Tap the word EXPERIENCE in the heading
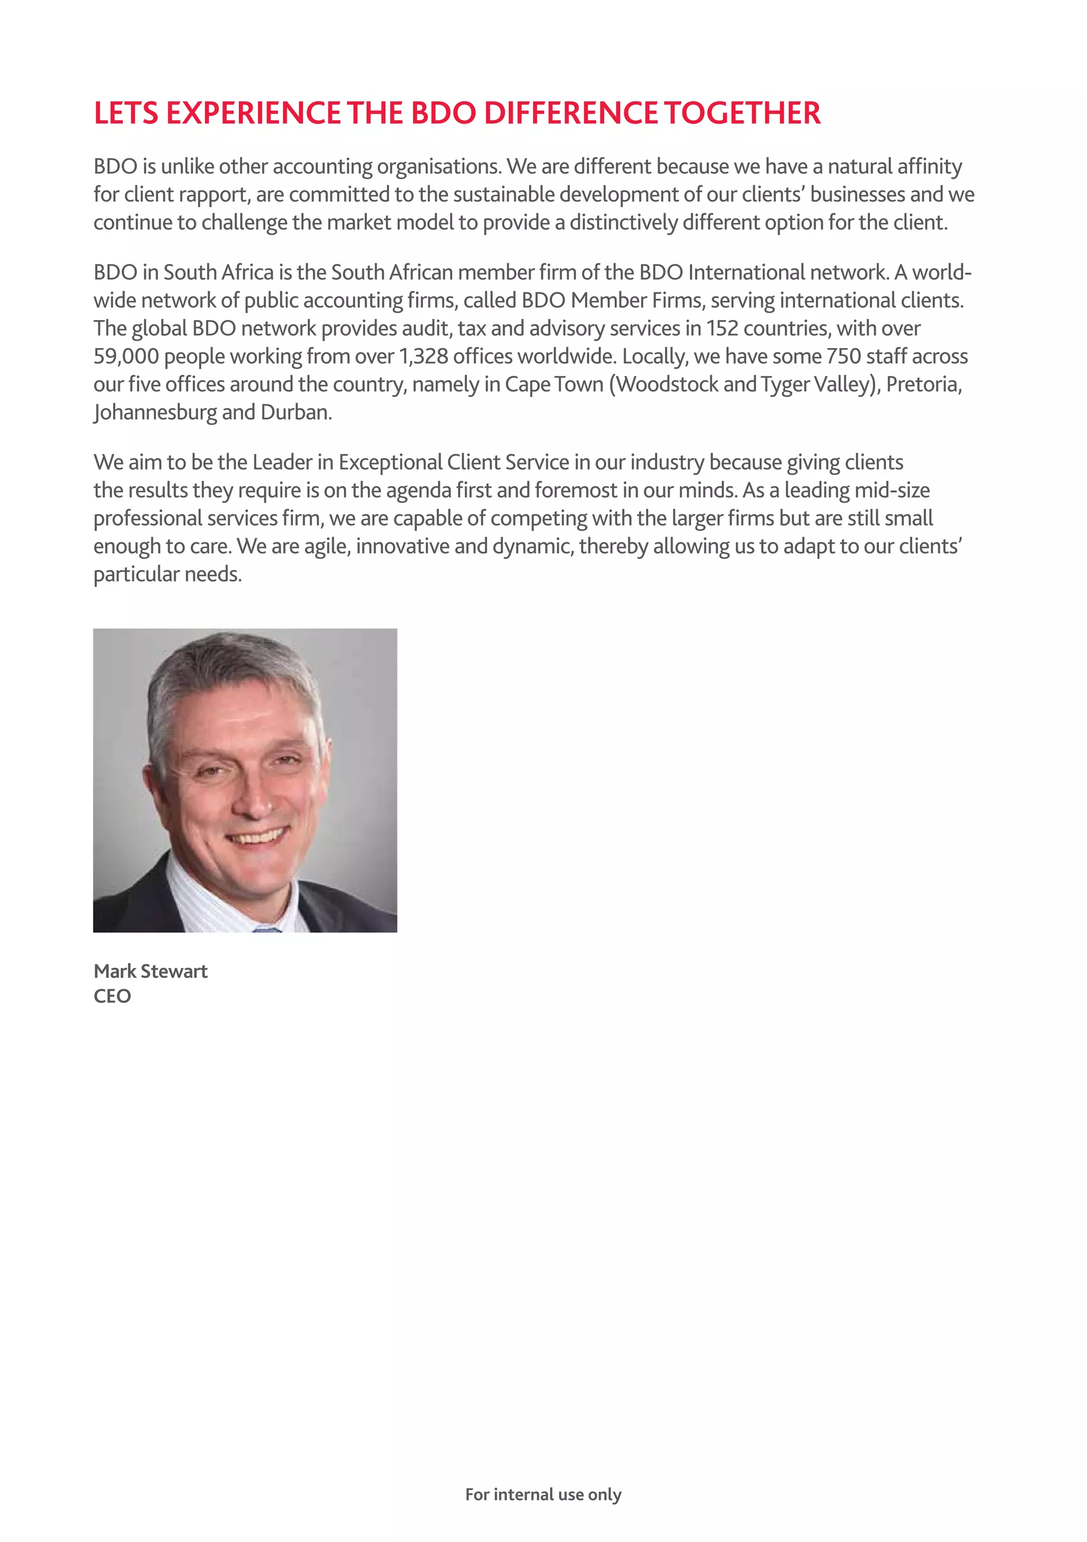coord(253,113)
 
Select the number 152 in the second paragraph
coord(721,328)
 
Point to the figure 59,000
coord(126,357)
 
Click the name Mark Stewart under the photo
coord(151,971)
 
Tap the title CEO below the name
coord(112,996)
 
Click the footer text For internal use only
coord(543,1494)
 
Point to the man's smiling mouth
coord(257,837)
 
